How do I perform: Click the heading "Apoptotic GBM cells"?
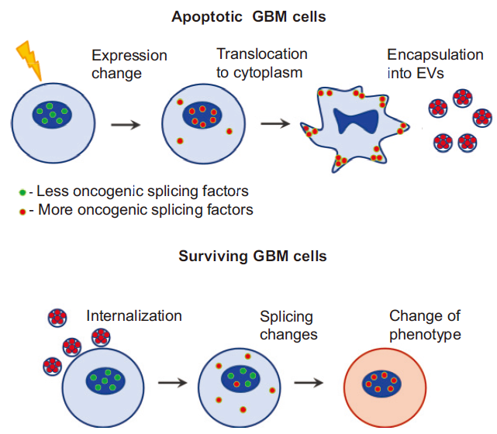(x=249, y=15)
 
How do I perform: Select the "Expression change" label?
(x=129, y=64)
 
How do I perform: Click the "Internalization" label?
(x=134, y=315)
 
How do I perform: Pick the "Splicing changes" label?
(x=286, y=325)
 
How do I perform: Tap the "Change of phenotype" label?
(x=425, y=325)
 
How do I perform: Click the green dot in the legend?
(x=23, y=191)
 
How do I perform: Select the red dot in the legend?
(x=23, y=209)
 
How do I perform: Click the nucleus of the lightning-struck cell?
(x=53, y=116)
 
